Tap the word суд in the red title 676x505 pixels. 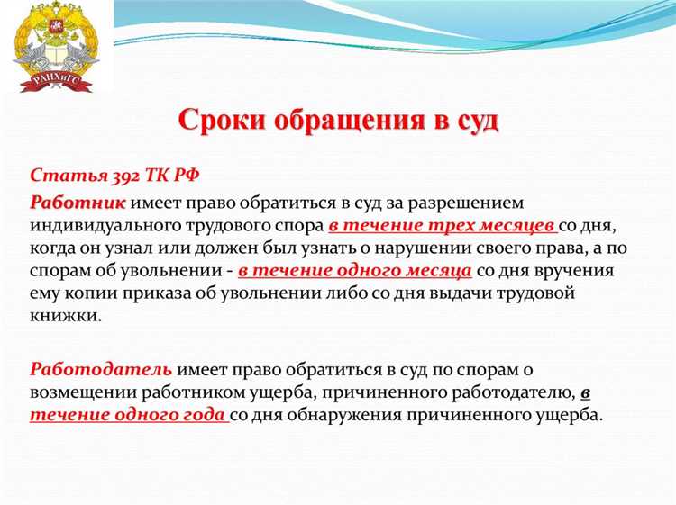[x=473, y=120]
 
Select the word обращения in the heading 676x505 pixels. [x=345, y=120]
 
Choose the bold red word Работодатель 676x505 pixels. [x=101, y=369]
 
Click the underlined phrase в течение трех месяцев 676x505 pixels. [x=442, y=225]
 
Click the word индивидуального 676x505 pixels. [x=112, y=225]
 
